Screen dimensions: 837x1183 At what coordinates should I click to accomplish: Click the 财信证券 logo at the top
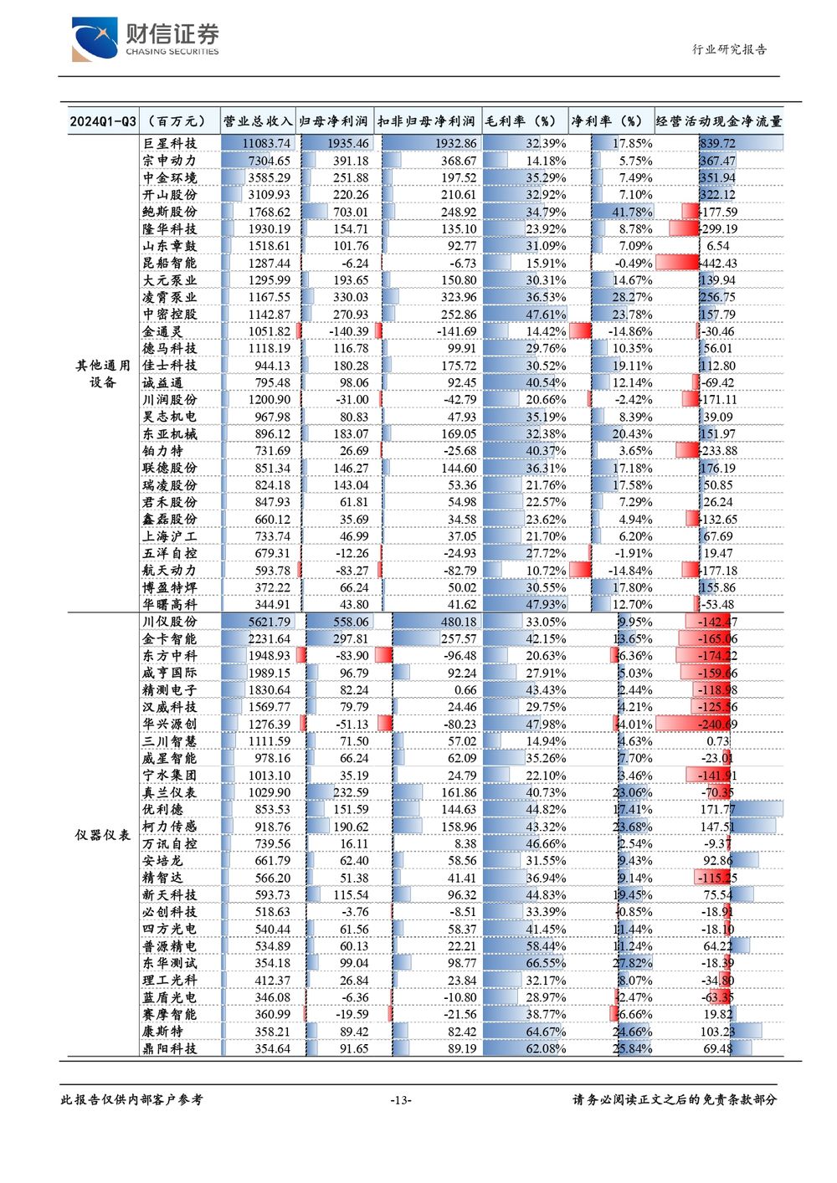coord(146,39)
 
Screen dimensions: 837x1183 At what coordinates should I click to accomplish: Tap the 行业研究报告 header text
coord(729,49)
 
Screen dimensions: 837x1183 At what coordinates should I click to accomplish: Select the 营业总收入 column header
coord(257,121)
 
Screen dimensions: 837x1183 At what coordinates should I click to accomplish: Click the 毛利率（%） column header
coord(521,121)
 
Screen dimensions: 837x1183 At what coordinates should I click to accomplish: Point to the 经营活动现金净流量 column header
coord(719,121)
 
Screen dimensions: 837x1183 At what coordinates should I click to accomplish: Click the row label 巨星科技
coord(169,143)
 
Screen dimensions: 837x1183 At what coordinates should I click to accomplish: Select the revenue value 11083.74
coord(266,143)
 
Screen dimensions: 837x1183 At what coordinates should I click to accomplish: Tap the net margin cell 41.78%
coord(633,212)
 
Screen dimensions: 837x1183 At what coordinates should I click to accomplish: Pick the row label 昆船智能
coord(169,263)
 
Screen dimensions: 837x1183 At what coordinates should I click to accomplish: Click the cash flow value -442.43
coord(717,263)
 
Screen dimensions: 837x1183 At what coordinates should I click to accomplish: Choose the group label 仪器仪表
coord(102,834)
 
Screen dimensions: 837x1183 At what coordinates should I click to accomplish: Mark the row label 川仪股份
coord(169,621)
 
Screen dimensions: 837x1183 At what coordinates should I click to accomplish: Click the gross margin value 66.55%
coord(546,963)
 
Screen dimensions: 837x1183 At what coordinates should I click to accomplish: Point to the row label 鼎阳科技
coord(169,1048)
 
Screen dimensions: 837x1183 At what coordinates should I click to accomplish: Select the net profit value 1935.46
coord(347,143)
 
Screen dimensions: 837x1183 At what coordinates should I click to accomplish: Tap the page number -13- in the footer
coord(401,1100)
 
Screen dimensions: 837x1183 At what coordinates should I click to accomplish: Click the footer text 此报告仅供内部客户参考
coord(131,1099)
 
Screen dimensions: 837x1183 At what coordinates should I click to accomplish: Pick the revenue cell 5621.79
coord(270,622)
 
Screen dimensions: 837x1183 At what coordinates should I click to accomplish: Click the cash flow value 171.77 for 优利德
coord(717,809)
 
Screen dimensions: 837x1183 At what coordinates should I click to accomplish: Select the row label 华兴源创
coord(169,724)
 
